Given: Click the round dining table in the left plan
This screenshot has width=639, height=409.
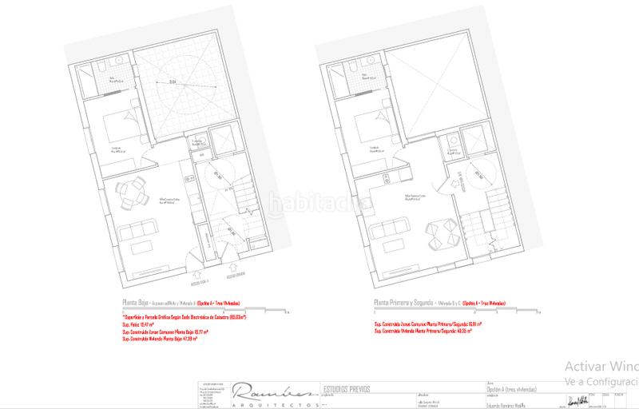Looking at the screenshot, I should [137, 191].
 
